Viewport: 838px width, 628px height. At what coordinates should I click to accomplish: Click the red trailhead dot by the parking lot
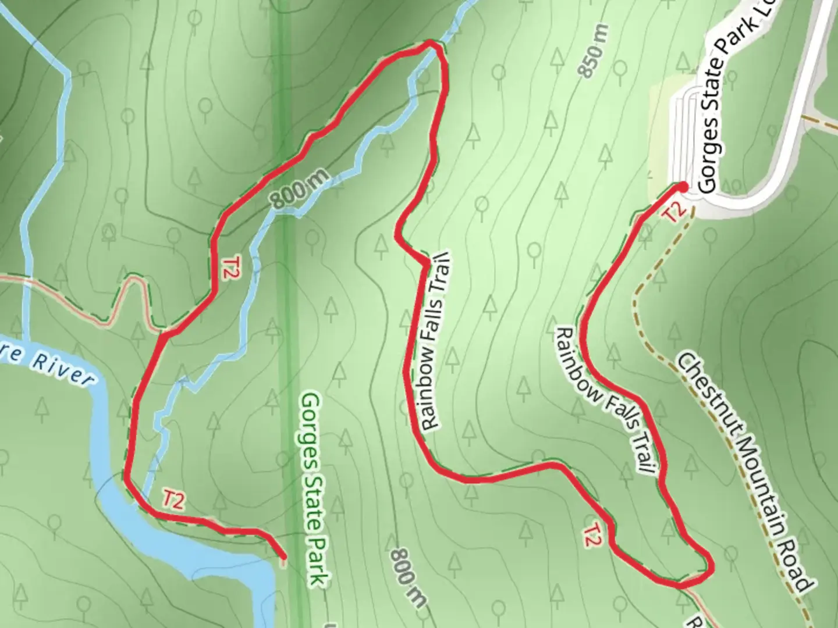pyautogui.click(x=682, y=187)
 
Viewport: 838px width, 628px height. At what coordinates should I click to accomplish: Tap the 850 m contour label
pyautogui.click(x=594, y=51)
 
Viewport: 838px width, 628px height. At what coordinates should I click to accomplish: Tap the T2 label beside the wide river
pyautogui.click(x=173, y=500)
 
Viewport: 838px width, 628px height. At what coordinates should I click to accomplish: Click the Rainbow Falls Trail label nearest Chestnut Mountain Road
pyautogui.click(x=608, y=400)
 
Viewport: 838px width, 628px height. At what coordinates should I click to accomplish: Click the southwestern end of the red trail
pyautogui.click(x=283, y=558)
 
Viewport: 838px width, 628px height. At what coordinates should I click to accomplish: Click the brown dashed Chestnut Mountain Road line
pyautogui.click(x=646, y=326)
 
